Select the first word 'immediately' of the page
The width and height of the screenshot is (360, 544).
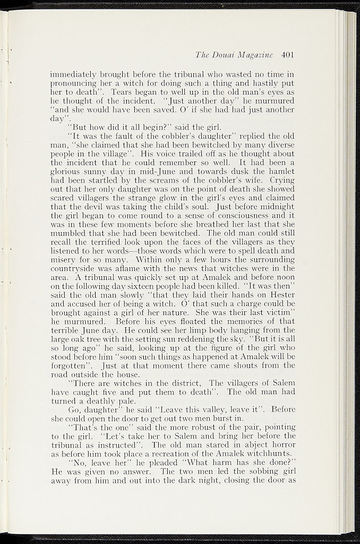point(71,75)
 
